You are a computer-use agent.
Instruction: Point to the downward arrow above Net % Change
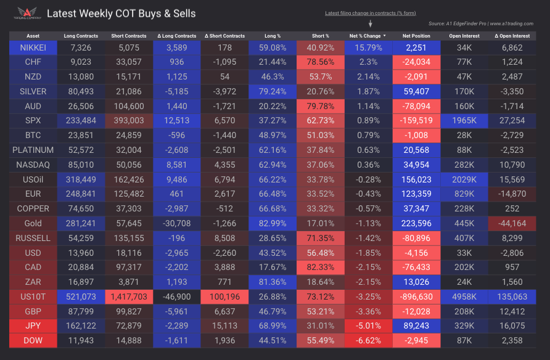370,24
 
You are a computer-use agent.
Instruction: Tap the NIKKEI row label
33,47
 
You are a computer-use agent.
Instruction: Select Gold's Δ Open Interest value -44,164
513,223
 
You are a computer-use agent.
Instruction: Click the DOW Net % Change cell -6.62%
369,340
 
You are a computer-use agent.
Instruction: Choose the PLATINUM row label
33,150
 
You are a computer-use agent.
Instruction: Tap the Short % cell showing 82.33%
321,266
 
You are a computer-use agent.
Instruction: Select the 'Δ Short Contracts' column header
224,36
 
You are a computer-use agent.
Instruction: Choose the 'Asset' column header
33,36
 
